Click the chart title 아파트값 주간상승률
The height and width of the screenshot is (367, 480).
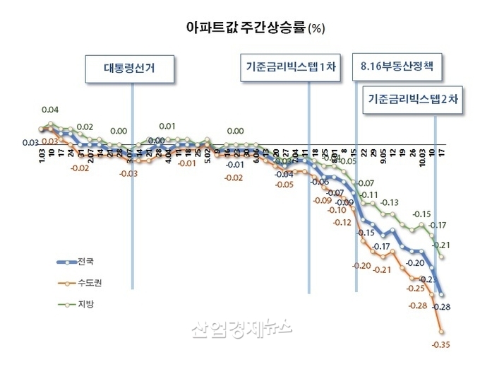pyautogui.click(x=244, y=28)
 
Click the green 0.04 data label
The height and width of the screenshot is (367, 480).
pyautogui.click(x=50, y=110)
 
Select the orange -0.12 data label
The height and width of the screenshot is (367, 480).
pyautogui.click(x=342, y=223)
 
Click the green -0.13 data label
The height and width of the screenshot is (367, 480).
pyautogui.click(x=390, y=203)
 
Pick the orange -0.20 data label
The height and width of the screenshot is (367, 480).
pyautogui.click(x=361, y=265)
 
